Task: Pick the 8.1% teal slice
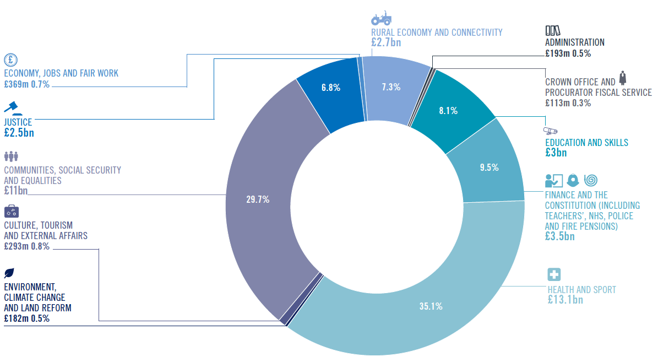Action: [449, 110]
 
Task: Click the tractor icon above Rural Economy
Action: [381, 19]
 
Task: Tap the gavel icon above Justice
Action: [13, 108]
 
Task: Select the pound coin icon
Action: [11, 60]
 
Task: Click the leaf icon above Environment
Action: [9, 273]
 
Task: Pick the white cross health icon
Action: [554, 274]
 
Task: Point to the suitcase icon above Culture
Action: [12, 211]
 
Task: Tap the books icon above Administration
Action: [553, 31]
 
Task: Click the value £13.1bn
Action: [565, 300]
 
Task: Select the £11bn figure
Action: [16, 191]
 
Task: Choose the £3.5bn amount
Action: [560, 236]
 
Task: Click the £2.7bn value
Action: [386, 42]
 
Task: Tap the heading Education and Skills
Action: [586, 143]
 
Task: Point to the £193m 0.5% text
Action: [568, 53]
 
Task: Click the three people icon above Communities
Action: [12, 156]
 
